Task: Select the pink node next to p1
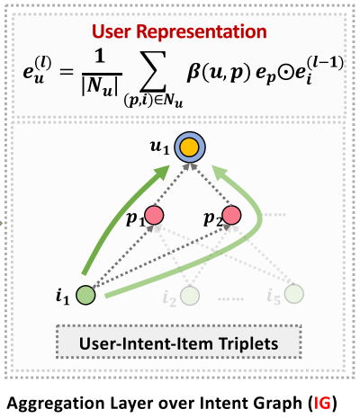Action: (154, 217)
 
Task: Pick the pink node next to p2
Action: (231, 216)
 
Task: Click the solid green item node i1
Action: (85, 293)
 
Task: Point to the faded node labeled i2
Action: (190, 295)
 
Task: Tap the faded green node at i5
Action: (294, 294)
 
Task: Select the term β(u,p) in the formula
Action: (222, 67)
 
